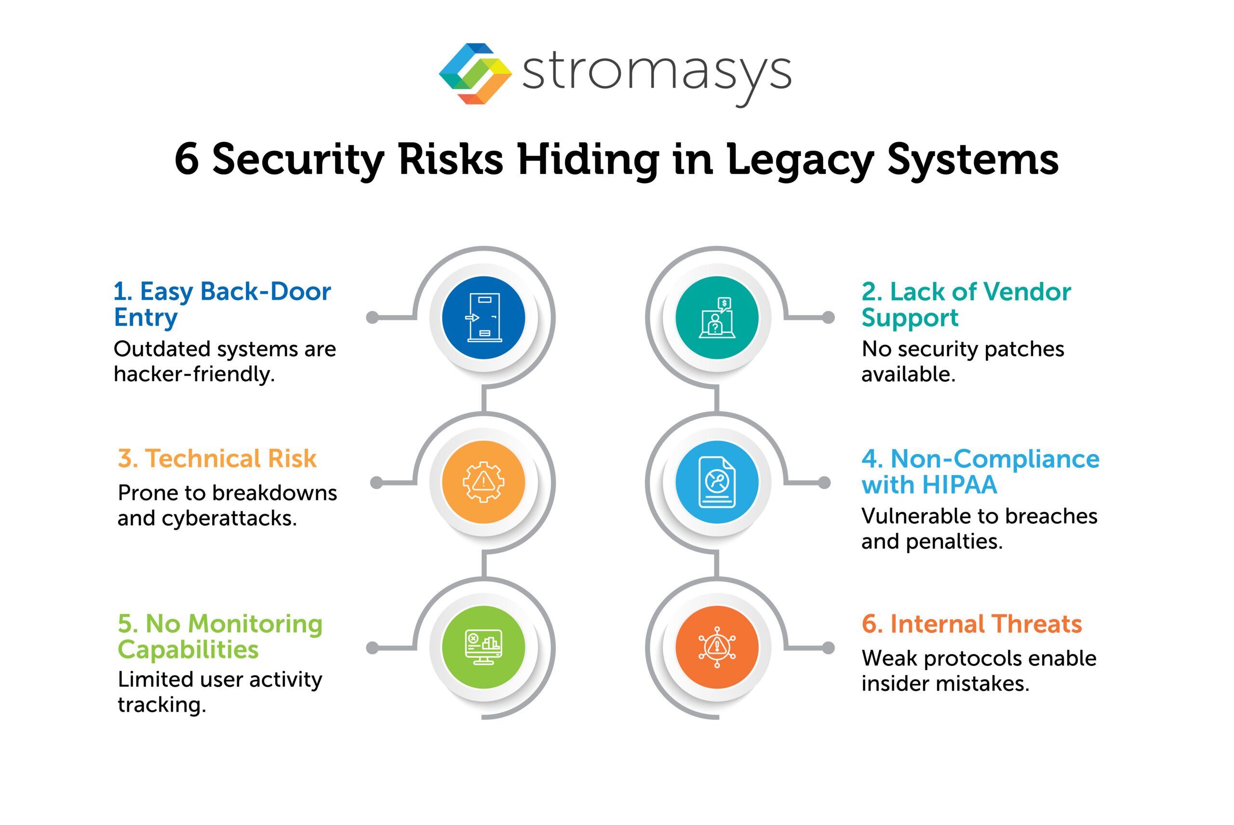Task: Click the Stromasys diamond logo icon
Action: pos(475,74)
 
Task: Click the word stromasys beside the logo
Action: pos(656,74)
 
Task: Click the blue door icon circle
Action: pos(483,318)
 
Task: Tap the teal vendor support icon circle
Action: pos(717,318)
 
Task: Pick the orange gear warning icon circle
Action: pos(483,482)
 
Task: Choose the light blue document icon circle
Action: pos(717,482)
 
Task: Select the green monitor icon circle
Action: pos(483,647)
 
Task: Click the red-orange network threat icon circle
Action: pos(717,647)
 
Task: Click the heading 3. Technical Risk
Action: pos(217,459)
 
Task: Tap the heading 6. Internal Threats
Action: pos(971,624)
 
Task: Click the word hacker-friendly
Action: pos(194,374)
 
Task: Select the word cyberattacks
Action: pos(229,519)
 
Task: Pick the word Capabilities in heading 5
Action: pos(188,650)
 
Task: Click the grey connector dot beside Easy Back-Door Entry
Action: pos(372,318)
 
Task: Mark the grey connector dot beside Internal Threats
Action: pos(828,648)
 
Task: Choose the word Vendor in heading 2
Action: pos(1027,292)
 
